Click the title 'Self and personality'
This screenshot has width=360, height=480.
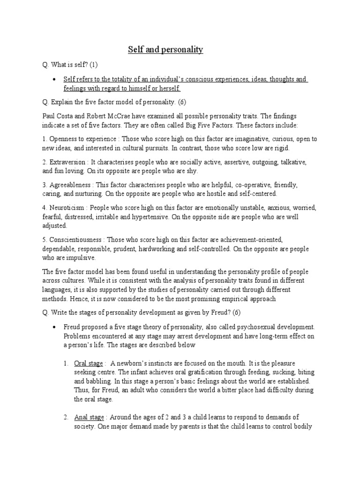point(165,50)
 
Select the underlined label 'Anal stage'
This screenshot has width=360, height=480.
point(89,417)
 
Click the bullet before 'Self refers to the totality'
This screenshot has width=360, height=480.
point(55,80)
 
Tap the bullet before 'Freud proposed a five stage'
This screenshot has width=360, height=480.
point(55,326)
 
